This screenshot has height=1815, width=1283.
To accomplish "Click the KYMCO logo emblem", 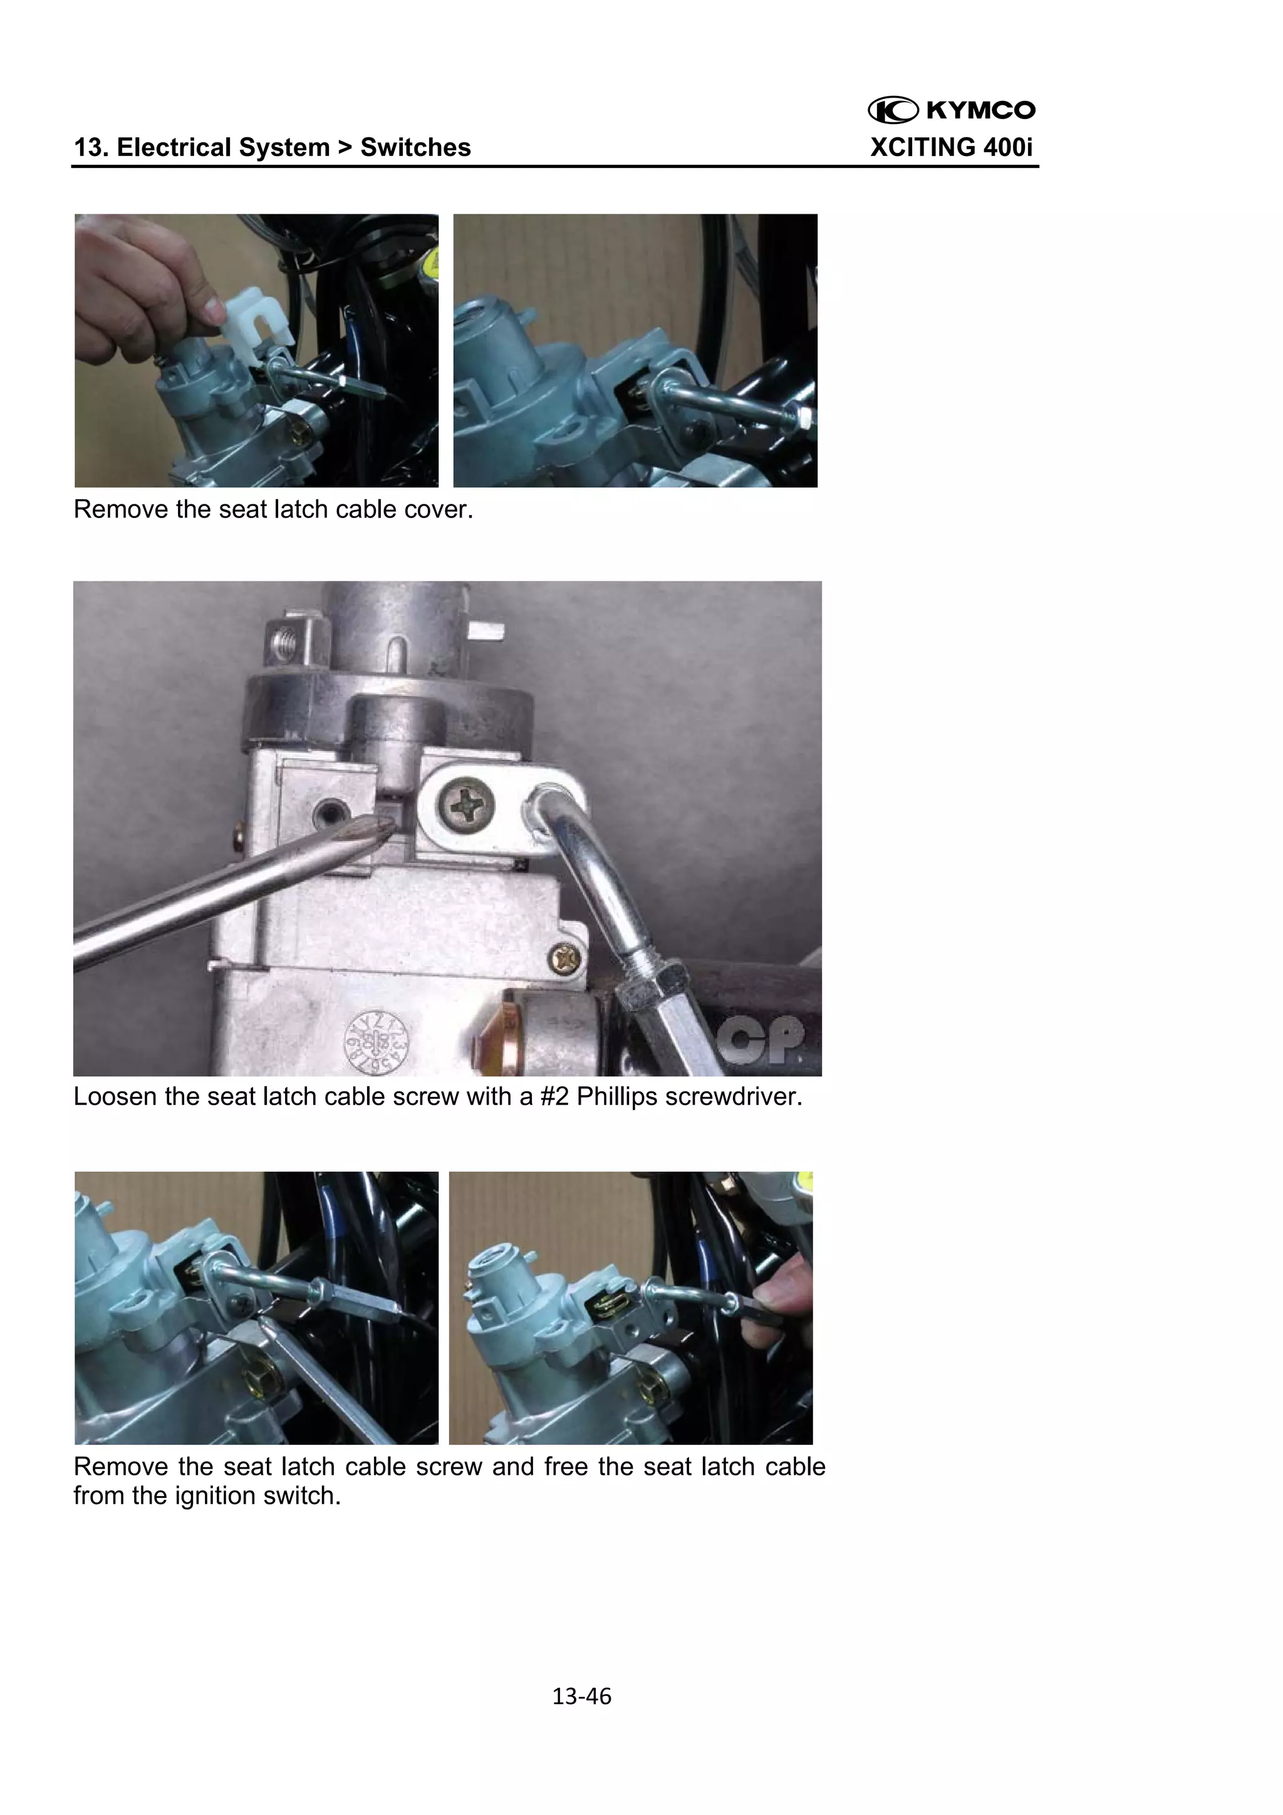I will [x=893, y=110].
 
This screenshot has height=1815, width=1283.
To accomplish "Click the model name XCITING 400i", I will [x=951, y=148].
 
